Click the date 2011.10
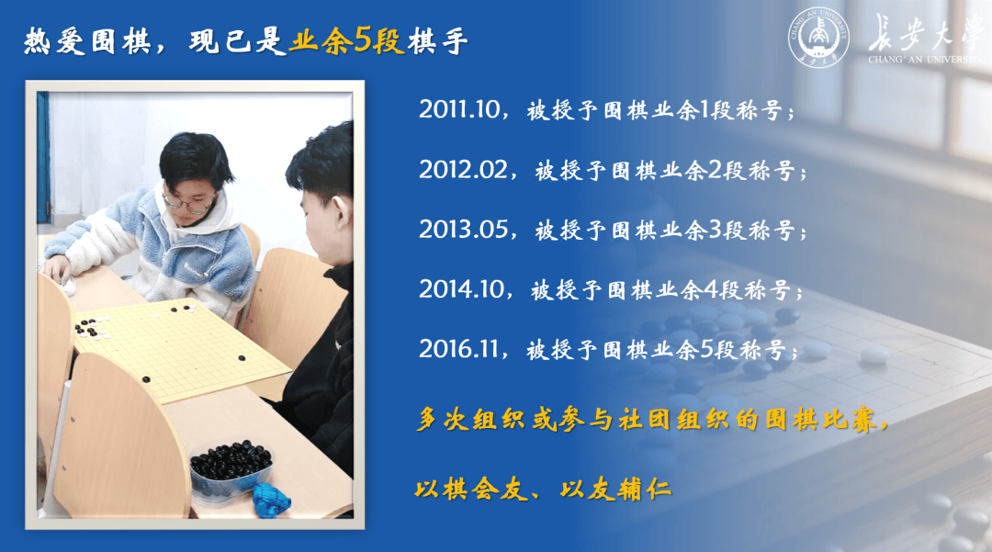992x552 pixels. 459,109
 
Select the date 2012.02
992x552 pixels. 463,169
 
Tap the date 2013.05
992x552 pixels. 463,230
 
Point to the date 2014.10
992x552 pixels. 461,289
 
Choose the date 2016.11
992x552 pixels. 458,349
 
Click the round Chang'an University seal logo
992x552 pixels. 818,37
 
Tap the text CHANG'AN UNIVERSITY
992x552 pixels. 925,60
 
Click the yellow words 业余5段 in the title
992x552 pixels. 346,41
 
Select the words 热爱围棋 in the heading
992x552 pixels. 87,41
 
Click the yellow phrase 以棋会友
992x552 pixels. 471,489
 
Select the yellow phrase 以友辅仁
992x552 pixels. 615,489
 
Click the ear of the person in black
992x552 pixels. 343,214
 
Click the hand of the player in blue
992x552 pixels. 57,271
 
